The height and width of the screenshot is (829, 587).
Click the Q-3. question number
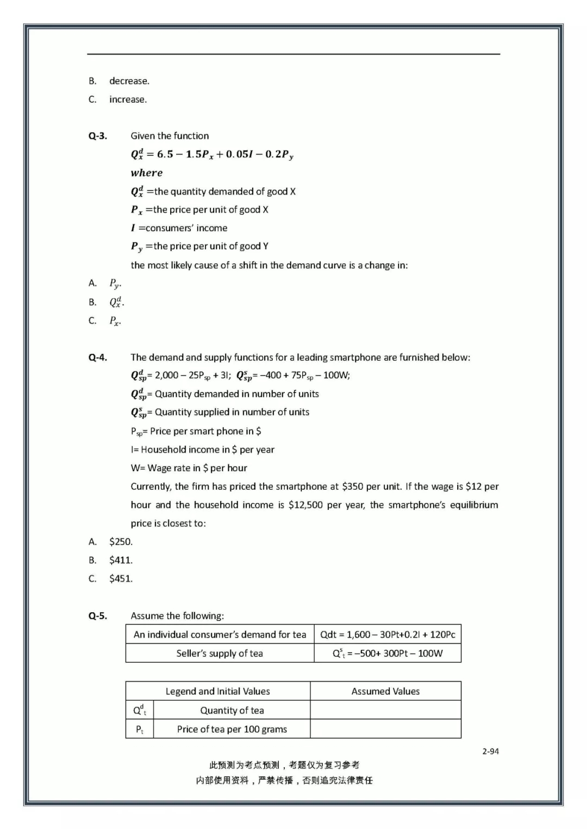click(98, 136)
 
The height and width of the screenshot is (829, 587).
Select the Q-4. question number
click(98, 358)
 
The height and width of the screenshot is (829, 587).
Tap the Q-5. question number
click(98, 616)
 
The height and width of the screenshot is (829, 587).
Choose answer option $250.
click(121, 542)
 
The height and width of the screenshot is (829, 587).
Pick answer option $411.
click(121, 560)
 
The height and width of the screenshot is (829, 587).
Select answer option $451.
click(121, 579)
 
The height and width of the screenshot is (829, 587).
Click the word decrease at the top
click(129, 81)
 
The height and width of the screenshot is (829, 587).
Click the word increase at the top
click(128, 100)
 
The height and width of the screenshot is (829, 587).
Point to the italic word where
click(147, 173)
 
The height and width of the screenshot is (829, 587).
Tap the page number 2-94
click(490, 751)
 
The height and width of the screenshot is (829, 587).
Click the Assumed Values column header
click(385, 692)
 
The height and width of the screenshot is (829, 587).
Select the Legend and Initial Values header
click(217, 692)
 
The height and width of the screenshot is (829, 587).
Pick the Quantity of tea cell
click(232, 711)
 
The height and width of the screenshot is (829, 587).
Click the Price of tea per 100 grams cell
click(232, 730)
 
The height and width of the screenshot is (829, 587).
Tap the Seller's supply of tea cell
click(220, 654)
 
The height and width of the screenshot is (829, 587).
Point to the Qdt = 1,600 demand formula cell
click(388, 635)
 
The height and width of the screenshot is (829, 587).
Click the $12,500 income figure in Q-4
click(305, 505)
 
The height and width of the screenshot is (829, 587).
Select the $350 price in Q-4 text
click(353, 487)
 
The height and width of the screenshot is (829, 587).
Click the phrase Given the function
click(170, 136)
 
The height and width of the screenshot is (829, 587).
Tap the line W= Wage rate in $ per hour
click(189, 469)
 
